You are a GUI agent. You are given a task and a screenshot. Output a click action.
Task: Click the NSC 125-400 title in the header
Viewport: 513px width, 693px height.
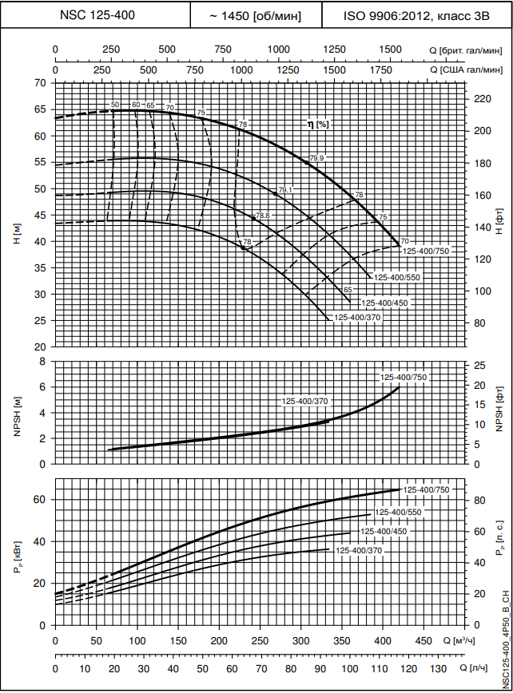tap(96, 15)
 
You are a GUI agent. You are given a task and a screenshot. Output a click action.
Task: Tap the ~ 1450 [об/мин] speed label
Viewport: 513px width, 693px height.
tap(256, 15)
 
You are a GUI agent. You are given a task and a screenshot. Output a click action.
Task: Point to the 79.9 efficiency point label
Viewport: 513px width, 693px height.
tap(317, 158)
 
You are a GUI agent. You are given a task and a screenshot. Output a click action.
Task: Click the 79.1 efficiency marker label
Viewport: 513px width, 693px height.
tap(286, 189)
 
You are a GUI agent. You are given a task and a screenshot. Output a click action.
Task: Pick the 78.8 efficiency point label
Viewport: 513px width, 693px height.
tap(263, 216)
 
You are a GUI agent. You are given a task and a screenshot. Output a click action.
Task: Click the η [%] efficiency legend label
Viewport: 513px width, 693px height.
tap(319, 124)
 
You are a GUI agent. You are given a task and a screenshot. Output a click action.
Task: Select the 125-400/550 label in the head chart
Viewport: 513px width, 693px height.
tap(397, 277)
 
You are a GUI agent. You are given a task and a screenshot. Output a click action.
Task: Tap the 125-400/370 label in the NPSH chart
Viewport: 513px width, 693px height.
tap(304, 401)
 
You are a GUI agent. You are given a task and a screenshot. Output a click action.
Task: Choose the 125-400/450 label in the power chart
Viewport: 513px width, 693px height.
tap(384, 531)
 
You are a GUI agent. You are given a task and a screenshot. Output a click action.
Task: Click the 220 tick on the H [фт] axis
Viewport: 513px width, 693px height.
tap(481, 99)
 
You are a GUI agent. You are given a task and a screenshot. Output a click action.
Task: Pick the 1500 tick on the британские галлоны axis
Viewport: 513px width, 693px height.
tap(391, 49)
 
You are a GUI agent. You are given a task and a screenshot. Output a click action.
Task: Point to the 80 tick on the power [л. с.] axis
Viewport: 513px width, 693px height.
tap(479, 501)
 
